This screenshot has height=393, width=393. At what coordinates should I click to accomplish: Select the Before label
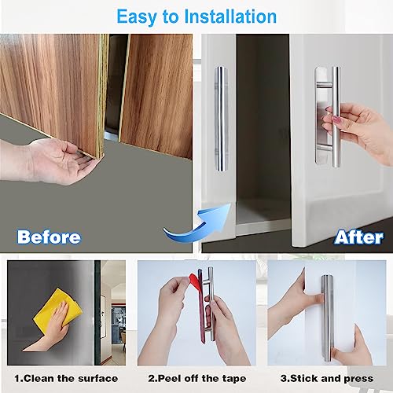pos(49,237)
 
